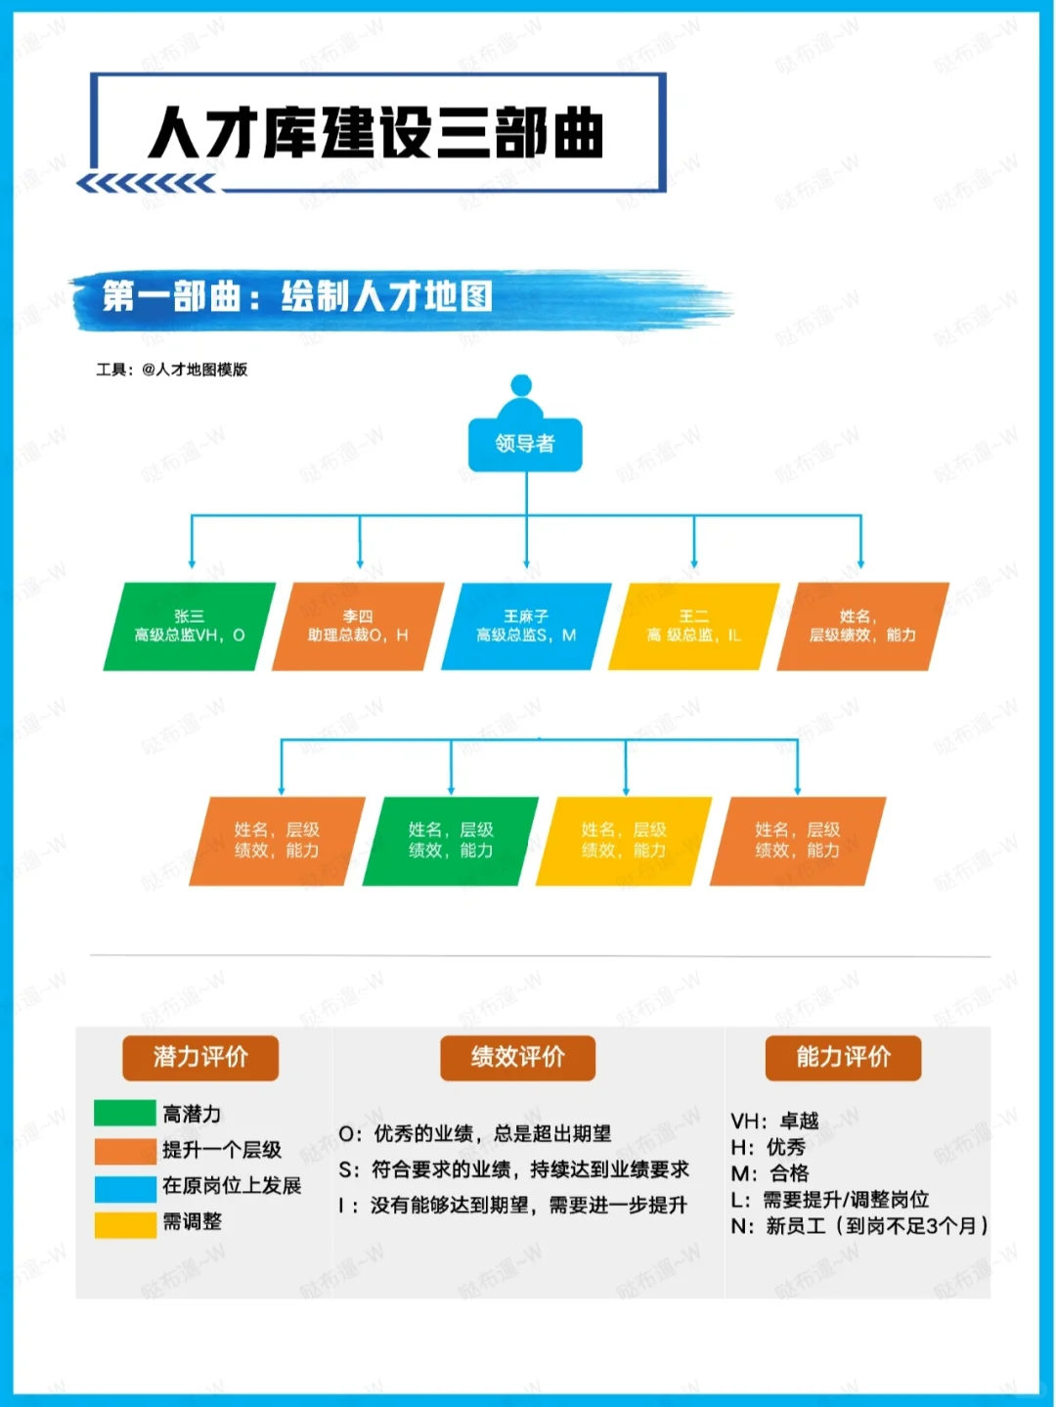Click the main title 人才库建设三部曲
tap(376, 133)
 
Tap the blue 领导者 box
tap(525, 444)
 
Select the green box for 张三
tap(190, 627)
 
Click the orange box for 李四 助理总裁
tap(358, 627)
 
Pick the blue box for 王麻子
tap(526, 627)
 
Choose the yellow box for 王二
tap(693, 627)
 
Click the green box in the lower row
tap(450, 841)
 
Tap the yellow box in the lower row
tap(623, 841)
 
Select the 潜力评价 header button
tap(200, 1057)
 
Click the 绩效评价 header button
tap(517, 1057)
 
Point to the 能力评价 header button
tap(843, 1057)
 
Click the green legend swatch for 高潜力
tap(125, 1114)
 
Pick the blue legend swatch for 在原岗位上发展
tap(125, 1187)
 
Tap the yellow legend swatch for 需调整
tap(125, 1223)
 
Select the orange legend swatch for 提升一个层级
tap(125, 1151)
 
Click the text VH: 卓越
tap(774, 1121)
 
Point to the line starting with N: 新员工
tap(859, 1226)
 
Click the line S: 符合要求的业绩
tap(513, 1169)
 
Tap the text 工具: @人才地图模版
tap(172, 370)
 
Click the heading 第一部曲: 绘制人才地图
tap(297, 296)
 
